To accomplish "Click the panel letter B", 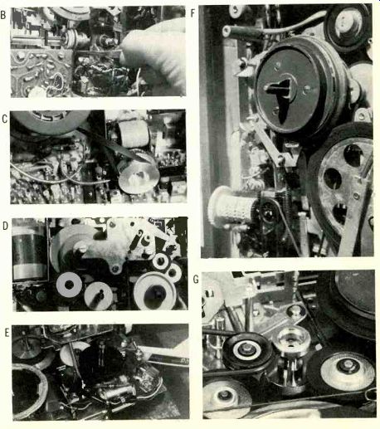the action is (3, 15).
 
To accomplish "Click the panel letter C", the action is (4, 119).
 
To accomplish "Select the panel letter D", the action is (5, 226).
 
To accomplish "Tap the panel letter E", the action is (7, 333).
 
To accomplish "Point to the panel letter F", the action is (193, 13).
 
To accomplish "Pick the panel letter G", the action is (196, 280).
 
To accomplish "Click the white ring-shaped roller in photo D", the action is (69, 285).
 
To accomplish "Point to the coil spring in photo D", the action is (136, 241).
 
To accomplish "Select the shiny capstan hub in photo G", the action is (292, 351).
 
